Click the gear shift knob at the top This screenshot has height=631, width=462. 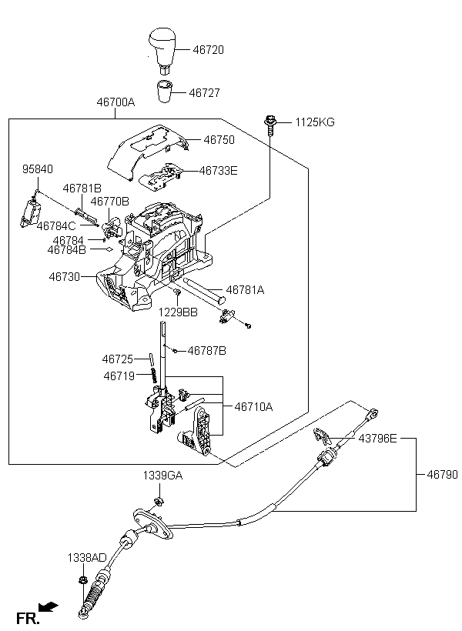click(162, 50)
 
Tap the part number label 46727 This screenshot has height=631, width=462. click(205, 93)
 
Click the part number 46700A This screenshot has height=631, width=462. click(115, 102)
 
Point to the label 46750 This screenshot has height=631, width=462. click(219, 140)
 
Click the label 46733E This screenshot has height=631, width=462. click(219, 171)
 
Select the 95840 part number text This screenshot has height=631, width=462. click(38, 169)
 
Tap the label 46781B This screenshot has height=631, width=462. click(82, 189)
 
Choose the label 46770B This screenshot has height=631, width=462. click(109, 201)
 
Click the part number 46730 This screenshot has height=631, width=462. click(65, 277)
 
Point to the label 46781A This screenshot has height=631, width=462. click(246, 290)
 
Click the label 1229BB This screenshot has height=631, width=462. click(178, 312)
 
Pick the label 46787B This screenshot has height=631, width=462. click(207, 351)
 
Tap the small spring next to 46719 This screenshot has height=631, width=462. click(154, 376)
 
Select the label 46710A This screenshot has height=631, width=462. click(254, 407)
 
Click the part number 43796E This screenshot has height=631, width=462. click(378, 439)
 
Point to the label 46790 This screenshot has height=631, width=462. click(443, 475)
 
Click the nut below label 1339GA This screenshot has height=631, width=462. click(159, 502)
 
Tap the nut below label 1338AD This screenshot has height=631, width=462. click(83, 581)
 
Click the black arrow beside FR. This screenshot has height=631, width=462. click(49, 607)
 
